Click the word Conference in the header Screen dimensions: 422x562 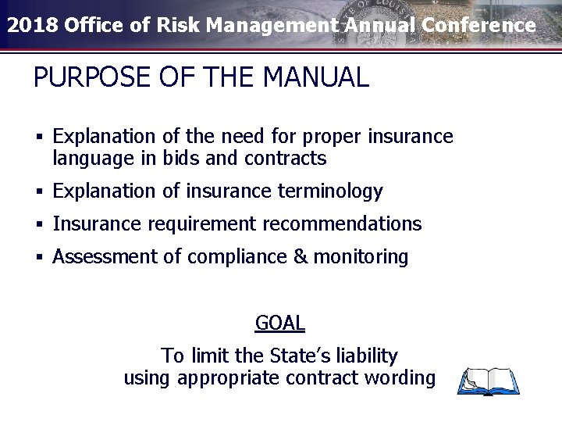point(479,25)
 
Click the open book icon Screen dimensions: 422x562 point(489,381)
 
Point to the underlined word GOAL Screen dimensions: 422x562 point(279,322)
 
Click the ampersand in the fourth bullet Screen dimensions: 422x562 point(301,256)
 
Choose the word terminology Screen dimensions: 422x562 point(330,191)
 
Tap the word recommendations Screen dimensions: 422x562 point(342,224)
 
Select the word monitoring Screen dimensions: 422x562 point(361,256)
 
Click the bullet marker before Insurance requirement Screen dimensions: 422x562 point(37,225)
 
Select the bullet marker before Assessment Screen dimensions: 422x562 point(37,257)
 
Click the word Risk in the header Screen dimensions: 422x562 point(177,25)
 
